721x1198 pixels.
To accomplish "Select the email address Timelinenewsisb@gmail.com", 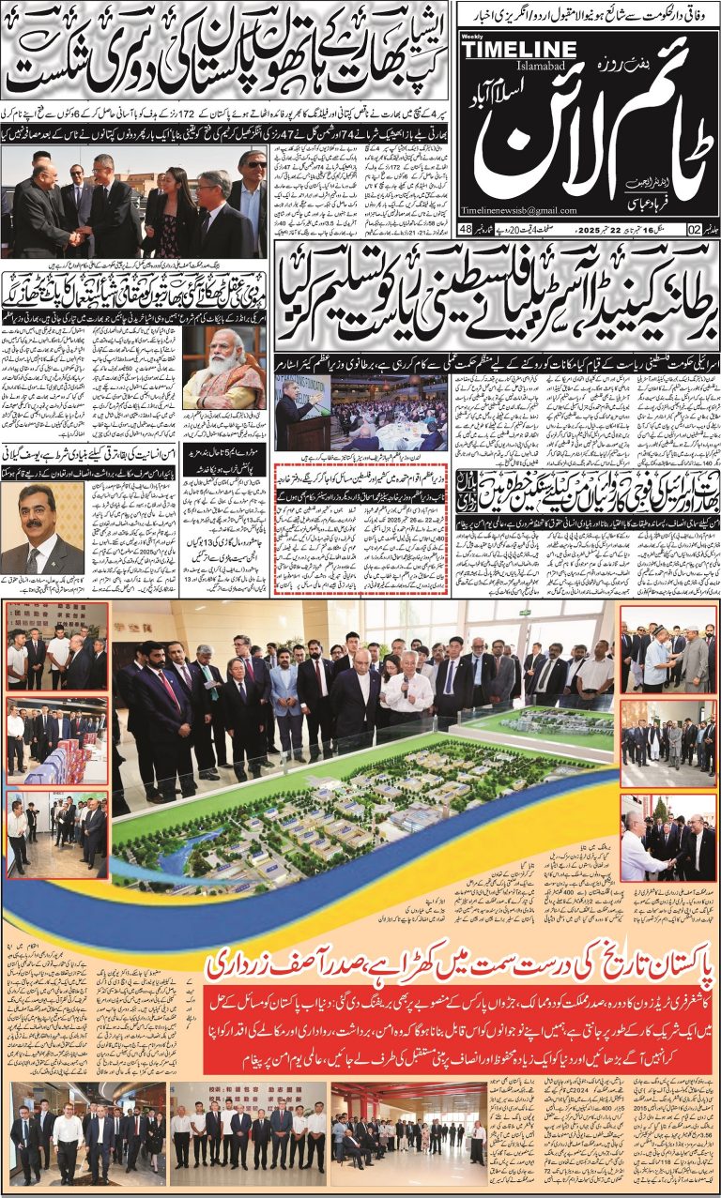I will pos(518,210).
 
